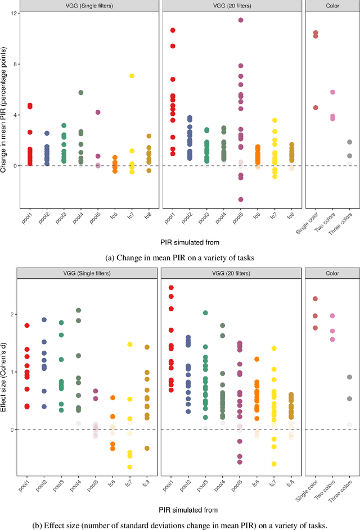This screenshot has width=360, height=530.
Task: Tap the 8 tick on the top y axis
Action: (x=10, y=64)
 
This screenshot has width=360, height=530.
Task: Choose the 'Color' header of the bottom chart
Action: (x=331, y=273)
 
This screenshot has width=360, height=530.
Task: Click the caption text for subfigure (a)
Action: (x=180, y=257)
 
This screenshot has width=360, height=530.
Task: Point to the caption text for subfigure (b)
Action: (x=180, y=525)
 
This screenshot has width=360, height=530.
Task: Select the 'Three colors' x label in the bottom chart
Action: (x=348, y=493)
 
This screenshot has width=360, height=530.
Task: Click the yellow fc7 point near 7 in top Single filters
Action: (x=132, y=75)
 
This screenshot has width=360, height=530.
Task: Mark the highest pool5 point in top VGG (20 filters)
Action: (x=240, y=20)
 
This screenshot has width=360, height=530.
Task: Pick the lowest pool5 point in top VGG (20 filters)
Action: (x=240, y=200)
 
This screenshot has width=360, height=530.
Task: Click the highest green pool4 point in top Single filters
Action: (x=81, y=93)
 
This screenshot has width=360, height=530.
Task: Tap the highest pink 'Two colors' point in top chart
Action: (x=333, y=92)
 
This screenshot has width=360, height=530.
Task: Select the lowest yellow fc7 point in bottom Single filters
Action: (x=130, y=467)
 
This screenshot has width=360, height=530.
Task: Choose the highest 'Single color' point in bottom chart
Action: (x=316, y=299)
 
